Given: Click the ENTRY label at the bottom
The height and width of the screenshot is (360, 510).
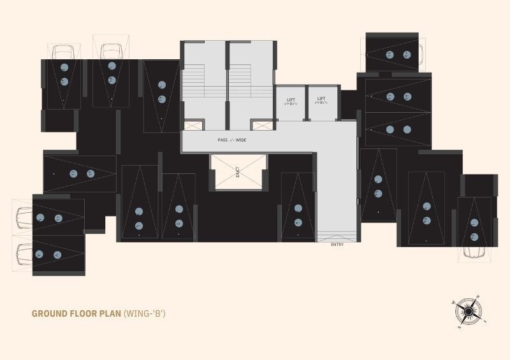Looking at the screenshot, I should click(337, 245).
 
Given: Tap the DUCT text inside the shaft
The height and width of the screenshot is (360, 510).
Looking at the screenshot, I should click(238, 171).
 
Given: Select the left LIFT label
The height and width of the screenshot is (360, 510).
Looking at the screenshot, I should click(291, 100).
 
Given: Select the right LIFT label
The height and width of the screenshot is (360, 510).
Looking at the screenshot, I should click(322, 100).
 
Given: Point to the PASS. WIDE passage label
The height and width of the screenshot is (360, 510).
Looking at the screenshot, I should click(231, 140).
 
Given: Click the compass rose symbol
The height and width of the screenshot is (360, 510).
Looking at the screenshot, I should click(467, 311).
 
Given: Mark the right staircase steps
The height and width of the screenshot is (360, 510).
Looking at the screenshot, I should click(240, 80).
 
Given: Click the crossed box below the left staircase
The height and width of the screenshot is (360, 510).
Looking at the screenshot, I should click(192, 126).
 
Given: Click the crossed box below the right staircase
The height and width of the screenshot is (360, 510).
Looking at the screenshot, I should click(260, 126).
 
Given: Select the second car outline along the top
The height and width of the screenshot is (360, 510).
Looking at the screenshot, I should click(110, 48).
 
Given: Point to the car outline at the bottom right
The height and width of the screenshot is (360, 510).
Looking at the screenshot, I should click(474, 252).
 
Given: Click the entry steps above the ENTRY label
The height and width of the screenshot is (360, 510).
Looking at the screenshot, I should click(337, 235).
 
